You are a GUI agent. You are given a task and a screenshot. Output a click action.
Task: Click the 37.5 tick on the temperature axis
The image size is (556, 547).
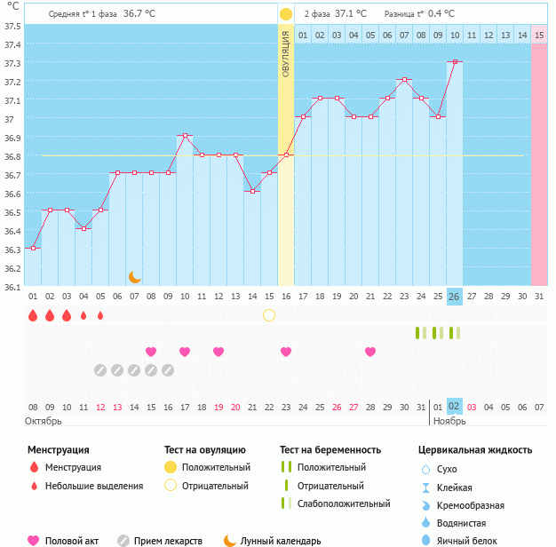[12, 26]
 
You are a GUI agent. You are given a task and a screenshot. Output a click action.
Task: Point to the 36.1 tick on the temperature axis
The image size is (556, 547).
[12, 287]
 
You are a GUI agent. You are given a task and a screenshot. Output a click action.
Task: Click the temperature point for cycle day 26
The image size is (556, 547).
[455, 61]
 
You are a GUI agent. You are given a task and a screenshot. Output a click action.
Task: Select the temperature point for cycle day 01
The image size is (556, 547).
[33, 249]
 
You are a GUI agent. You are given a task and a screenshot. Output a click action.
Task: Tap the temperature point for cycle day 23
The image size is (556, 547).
[404, 80]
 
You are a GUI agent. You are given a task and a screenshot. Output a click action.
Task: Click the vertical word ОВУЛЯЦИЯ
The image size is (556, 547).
[286, 53]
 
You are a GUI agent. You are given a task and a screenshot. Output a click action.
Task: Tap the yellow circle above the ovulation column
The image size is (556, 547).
[286, 14]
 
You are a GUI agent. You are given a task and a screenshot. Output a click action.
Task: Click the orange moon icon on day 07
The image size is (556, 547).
[134, 277]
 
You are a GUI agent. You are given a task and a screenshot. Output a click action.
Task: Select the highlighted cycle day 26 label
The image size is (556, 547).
[455, 297]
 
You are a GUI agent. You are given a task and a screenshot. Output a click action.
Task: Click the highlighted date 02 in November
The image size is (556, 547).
[455, 406]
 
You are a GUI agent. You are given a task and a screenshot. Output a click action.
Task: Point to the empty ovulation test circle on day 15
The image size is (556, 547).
[269, 315]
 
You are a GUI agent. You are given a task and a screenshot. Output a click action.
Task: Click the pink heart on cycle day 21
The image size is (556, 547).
[370, 352]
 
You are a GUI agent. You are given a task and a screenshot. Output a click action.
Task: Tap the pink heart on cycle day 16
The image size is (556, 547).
[286, 352]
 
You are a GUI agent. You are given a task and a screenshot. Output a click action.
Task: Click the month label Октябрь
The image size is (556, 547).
[44, 421]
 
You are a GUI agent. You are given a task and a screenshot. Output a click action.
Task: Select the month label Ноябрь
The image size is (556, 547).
[449, 421]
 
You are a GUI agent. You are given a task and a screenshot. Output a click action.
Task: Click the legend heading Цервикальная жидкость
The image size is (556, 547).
[475, 450]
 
